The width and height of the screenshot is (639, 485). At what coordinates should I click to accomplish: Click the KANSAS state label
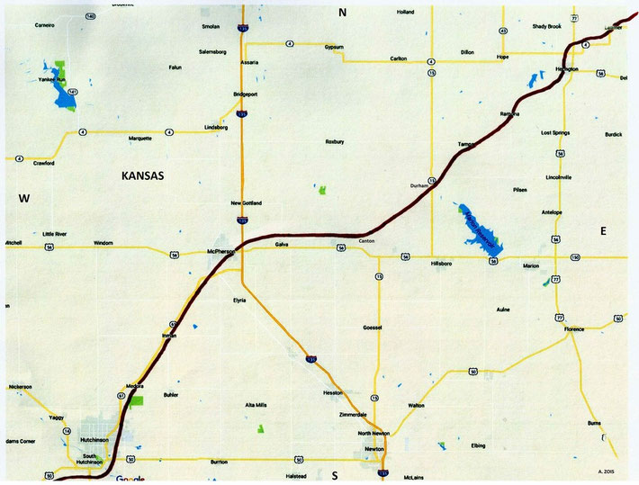point(141,177)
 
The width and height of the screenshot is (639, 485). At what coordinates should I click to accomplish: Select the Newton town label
point(374,448)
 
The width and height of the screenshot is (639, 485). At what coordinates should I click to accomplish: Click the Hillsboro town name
point(442,263)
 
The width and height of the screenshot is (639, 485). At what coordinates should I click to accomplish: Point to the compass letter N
point(342,13)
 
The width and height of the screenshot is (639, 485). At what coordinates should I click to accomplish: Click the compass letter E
point(603,231)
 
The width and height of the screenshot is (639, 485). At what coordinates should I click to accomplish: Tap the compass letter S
point(334,474)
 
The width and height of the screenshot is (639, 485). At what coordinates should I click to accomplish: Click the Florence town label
point(574,330)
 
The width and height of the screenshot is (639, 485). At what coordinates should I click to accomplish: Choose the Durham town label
point(418,184)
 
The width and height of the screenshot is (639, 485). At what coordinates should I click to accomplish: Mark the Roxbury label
point(335,141)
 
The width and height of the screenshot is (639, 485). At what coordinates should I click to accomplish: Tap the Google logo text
point(130,479)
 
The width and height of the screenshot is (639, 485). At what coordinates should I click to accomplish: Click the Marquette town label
point(140,139)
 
